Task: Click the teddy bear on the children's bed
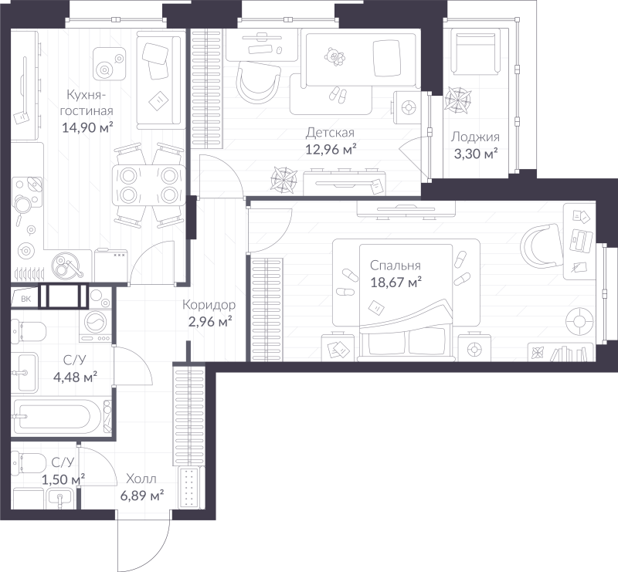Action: tap(334, 56)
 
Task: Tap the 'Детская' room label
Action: tap(330, 133)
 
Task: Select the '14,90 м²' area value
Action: tap(87, 127)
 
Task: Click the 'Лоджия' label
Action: tap(475, 137)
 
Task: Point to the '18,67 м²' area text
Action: tap(396, 282)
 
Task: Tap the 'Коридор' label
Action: tap(209, 305)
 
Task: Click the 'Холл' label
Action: tap(141, 479)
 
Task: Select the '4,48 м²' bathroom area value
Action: tap(75, 377)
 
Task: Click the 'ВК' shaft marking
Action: tap(25, 299)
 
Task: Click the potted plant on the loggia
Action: tap(457, 100)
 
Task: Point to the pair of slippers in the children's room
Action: tap(338, 94)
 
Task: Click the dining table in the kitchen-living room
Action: tap(148, 185)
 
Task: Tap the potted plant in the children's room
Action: tap(284, 180)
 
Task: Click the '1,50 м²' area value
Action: tap(63, 479)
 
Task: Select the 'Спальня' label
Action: tap(396, 266)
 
